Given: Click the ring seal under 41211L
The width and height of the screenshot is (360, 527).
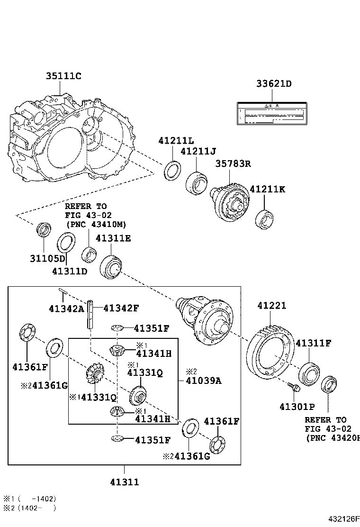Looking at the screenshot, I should [x=172, y=171].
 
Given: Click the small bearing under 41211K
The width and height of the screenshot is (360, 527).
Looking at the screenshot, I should [x=264, y=219].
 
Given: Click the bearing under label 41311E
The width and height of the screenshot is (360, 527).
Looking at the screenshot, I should [x=112, y=266].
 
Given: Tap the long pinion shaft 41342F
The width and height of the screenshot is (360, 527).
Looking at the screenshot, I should [x=89, y=315].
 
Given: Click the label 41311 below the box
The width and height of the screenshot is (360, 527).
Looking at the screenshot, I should [x=125, y=482].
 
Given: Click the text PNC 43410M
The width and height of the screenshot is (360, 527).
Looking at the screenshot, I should [x=96, y=224].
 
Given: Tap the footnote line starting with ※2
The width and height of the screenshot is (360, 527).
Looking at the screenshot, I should [x=30, y=508].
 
